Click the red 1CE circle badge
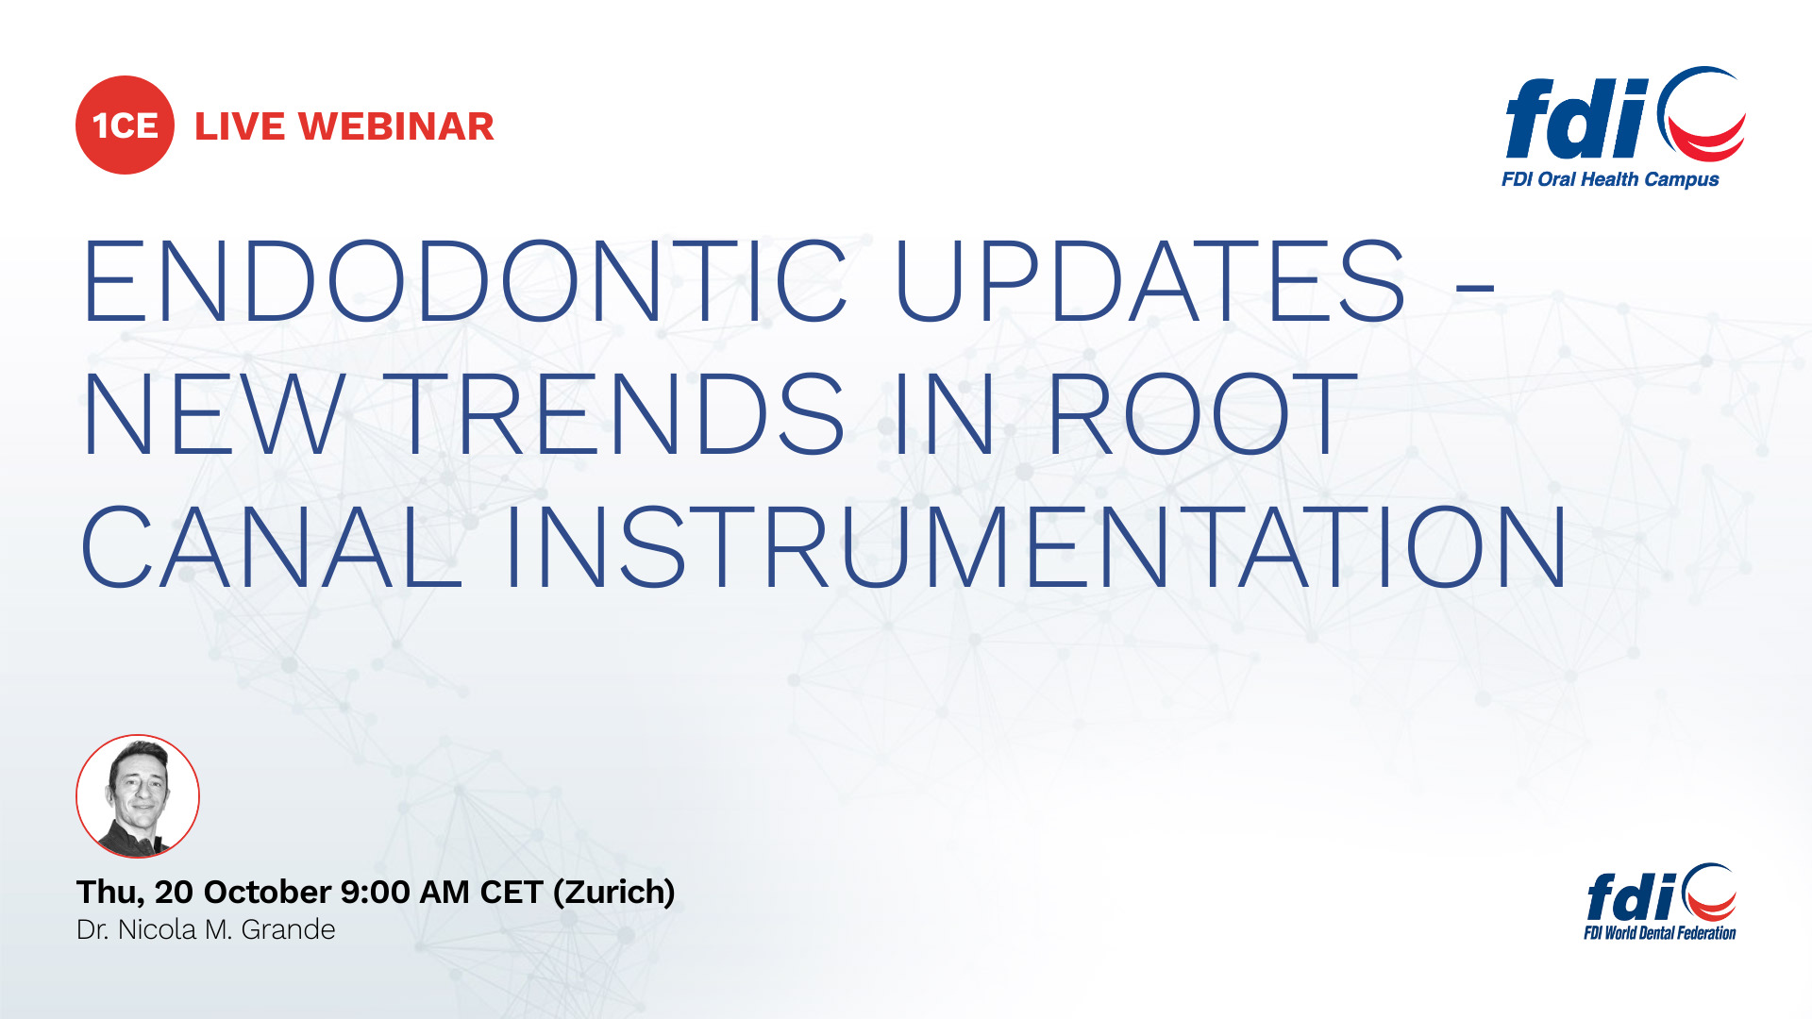125,125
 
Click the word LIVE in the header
240,126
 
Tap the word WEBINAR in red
396,126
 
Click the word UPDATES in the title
1150,281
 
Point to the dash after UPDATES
1475,284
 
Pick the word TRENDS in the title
621,413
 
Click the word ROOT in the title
1201,413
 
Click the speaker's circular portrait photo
138,796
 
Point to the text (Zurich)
613,893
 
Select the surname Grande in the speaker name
289,930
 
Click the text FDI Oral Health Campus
1610,179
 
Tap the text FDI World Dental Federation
1660,933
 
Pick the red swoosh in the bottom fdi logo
1713,907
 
